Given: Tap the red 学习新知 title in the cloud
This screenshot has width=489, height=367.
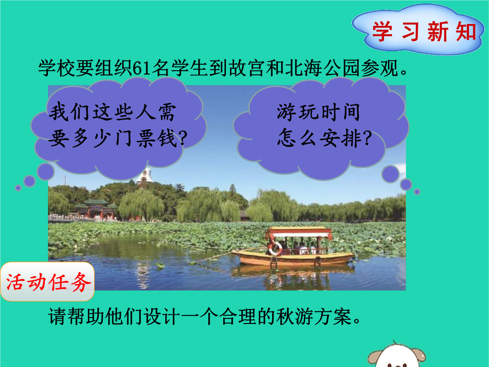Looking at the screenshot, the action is point(424,31).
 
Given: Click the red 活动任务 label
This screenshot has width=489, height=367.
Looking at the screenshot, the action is point(48,282).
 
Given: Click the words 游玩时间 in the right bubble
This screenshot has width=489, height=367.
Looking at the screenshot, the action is point(318,112).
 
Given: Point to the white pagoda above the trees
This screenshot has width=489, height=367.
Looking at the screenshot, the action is point(144,176).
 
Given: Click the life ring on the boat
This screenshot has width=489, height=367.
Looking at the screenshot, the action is point(276,248).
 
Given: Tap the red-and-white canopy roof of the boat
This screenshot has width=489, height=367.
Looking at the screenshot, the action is point(298,232).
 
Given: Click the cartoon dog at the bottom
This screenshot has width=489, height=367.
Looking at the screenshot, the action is point(396,356).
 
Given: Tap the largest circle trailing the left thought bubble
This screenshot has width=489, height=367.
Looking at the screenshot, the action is point(46,172).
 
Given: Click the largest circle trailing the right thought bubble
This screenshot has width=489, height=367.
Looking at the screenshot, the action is point(390,174).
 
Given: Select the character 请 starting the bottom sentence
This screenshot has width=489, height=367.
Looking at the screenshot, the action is point(58,316).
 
